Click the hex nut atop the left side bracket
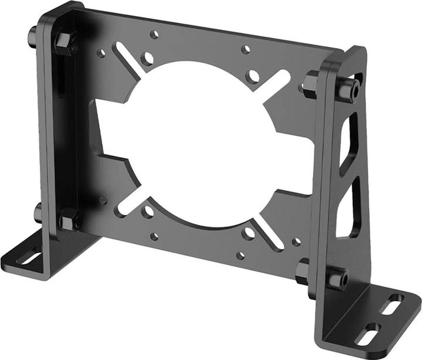(x=63, y=42)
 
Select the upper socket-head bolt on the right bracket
(x=348, y=90)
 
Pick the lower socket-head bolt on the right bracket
(x=336, y=278)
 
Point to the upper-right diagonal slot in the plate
(x=276, y=83)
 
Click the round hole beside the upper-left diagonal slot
(x=147, y=58)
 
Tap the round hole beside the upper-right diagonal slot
(x=253, y=76)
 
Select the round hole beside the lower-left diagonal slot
(x=148, y=210)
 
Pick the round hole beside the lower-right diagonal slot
(x=249, y=233)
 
